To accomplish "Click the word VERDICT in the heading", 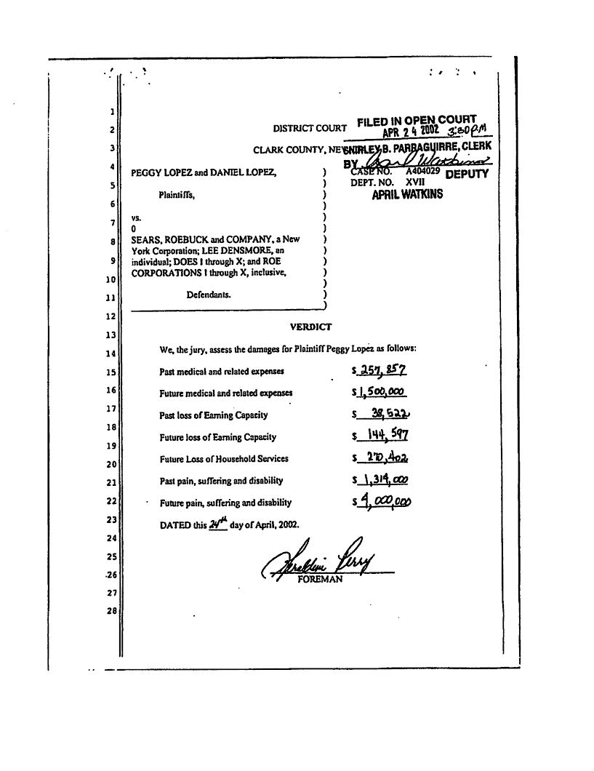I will pyautogui.click(x=310, y=327).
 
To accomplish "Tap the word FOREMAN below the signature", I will pyautogui.click(x=320, y=579).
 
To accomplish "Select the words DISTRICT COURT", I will pyautogui.click(x=310, y=129).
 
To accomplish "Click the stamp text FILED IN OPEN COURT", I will pyautogui.click(x=417, y=120).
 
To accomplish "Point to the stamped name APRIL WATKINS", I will pyautogui.click(x=407, y=195).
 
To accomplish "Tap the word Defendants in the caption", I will pyautogui.click(x=208, y=295).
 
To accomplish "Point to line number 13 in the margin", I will pyautogui.click(x=112, y=335).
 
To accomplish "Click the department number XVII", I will pyautogui.click(x=415, y=183).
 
